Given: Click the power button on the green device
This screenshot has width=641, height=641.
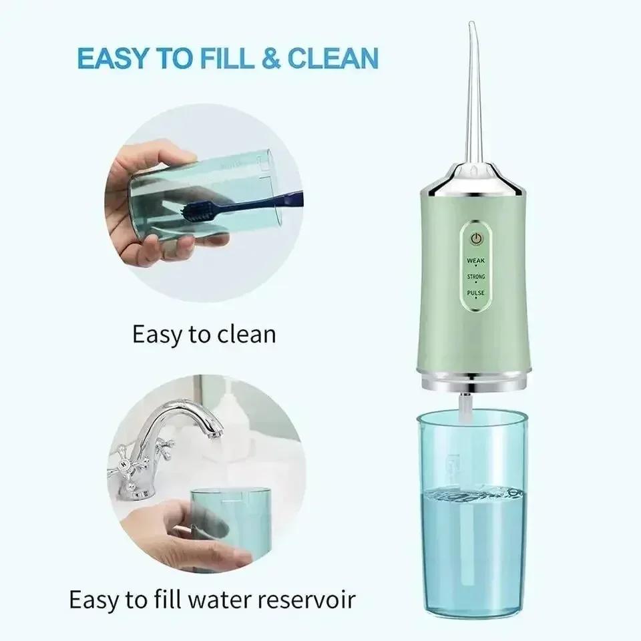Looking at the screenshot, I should click(476, 238).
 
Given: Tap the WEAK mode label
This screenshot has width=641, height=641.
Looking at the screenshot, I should click(476, 260).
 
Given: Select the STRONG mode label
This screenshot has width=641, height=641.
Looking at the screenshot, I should click(476, 276).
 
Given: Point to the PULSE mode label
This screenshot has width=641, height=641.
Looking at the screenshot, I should click(476, 292).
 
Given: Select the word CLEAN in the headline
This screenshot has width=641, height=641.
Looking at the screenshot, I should click(333, 58).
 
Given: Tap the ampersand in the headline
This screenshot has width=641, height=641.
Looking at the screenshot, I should click(270, 58).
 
